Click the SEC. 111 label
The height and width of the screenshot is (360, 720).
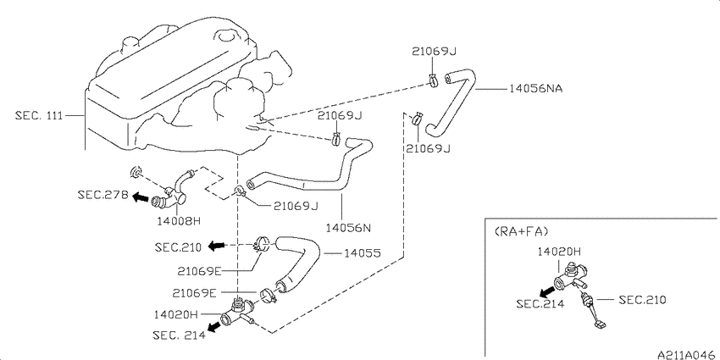click(x=39, y=115)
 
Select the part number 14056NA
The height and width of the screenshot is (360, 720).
click(x=535, y=89)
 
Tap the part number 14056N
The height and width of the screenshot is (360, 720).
click(x=348, y=227)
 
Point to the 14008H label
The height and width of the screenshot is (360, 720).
click(x=179, y=221)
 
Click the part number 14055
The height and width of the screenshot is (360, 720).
click(x=362, y=253)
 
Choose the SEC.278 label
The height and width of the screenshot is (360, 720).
click(x=102, y=196)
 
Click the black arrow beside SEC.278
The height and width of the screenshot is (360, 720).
click(x=141, y=197)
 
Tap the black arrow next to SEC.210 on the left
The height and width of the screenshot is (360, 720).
click(x=216, y=246)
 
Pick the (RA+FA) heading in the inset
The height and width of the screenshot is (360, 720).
click(x=522, y=232)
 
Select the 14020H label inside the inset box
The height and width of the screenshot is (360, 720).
click(x=560, y=252)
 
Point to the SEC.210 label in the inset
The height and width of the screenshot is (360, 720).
click(x=642, y=300)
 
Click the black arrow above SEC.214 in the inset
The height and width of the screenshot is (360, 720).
click(x=546, y=291)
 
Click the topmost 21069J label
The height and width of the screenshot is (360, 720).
click(x=434, y=52)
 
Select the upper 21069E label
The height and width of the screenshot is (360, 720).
click(x=200, y=272)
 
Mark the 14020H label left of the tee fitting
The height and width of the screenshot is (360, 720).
click(x=176, y=314)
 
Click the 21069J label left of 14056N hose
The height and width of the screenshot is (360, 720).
click(x=296, y=207)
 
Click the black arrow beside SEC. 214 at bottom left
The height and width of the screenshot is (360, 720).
click(x=214, y=327)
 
